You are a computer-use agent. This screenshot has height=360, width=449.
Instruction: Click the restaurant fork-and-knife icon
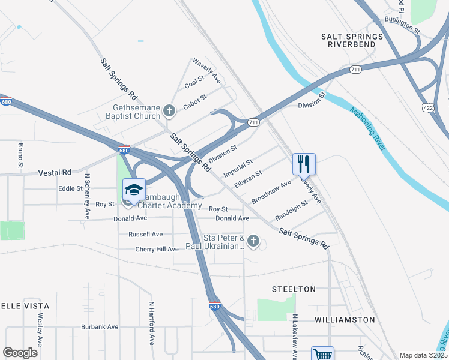coord(304,163)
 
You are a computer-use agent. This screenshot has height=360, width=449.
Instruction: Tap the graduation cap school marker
coord(134,190)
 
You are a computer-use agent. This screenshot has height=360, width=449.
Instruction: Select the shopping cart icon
coord(322,355)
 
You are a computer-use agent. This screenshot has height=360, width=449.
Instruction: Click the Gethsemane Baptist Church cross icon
coord(169,110)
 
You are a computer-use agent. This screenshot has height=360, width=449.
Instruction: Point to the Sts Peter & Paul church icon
coord(253,242)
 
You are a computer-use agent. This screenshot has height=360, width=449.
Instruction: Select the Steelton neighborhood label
coord(294,289)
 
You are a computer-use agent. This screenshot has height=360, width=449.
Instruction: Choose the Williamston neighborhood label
coord(345,320)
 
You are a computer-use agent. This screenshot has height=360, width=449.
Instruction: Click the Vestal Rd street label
coord(55,172)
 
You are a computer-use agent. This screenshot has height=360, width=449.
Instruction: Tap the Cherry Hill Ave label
coord(157,249)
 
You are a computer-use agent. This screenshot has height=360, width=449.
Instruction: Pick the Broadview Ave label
coord(271,191)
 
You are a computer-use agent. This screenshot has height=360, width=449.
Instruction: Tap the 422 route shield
coord(428,108)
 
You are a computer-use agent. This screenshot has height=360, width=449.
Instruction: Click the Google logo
coord(20,353)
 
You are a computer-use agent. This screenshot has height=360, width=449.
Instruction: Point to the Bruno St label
coord(20,155)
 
